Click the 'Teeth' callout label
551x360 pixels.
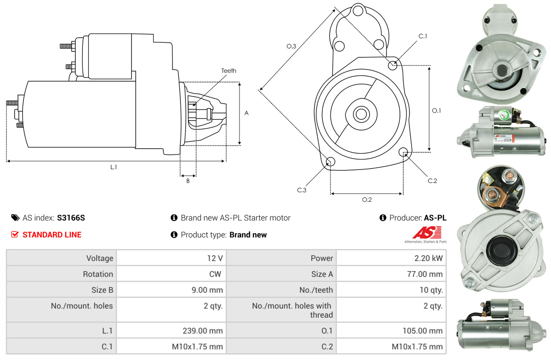click(x=229, y=71)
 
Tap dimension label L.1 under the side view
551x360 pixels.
click(x=113, y=167)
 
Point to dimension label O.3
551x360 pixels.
click(x=291, y=46)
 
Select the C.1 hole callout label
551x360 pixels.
click(x=423, y=36)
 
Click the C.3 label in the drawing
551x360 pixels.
click(x=302, y=190)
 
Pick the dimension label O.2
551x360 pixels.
click(x=367, y=199)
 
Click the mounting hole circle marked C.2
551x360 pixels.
click(x=404, y=152)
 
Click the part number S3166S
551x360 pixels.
click(x=71, y=218)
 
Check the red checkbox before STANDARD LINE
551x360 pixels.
click(x=15, y=234)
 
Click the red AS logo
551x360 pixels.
click(x=427, y=232)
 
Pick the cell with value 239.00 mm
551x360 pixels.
click(x=203, y=331)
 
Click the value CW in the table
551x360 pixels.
click(x=216, y=274)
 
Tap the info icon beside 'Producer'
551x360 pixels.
click(x=383, y=218)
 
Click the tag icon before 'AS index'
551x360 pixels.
click(x=15, y=218)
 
